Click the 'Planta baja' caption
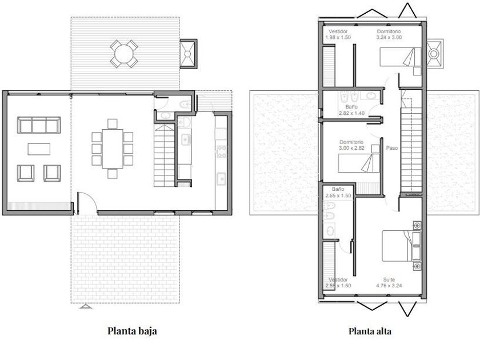tap(132, 331)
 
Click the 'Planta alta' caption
tap(370, 331)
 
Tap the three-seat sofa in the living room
tap(39, 125)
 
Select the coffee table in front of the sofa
tap(39, 149)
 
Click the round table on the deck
tap(124, 54)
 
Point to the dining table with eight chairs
tap(113, 149)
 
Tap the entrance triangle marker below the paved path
tap(86, 306)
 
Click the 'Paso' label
tap(392, 148)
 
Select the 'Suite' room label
tap(389, 279)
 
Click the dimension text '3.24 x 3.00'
tap(389, 37)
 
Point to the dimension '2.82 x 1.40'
tap(351, 113)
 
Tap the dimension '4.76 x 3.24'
tap(389, 286)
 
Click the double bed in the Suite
tap(401, 246)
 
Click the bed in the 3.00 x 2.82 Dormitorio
tap(359, 163)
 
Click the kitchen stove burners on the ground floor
tap(221, 152)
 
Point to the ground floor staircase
tap(164, 155)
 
